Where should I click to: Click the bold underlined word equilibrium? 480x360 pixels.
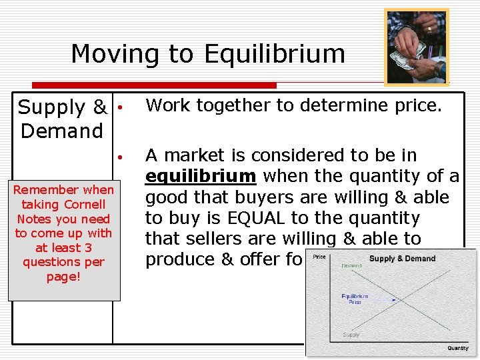[x=200, y=177]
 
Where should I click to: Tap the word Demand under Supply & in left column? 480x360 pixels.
[x=62, y=131]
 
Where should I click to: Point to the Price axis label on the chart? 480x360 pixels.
[x=320, y=257]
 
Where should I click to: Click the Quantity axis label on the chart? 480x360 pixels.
[x=457, y=348]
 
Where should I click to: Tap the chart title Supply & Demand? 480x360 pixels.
[x=402, y=259]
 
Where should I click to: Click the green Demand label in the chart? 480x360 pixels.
[x=352, y=265]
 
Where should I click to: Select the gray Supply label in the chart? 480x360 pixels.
[x=351, y=335]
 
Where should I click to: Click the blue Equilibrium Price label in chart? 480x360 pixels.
[x=355, y=299]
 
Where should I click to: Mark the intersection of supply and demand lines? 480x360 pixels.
[x=395, y=300]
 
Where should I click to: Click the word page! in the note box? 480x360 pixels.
[x=63, y=276]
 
